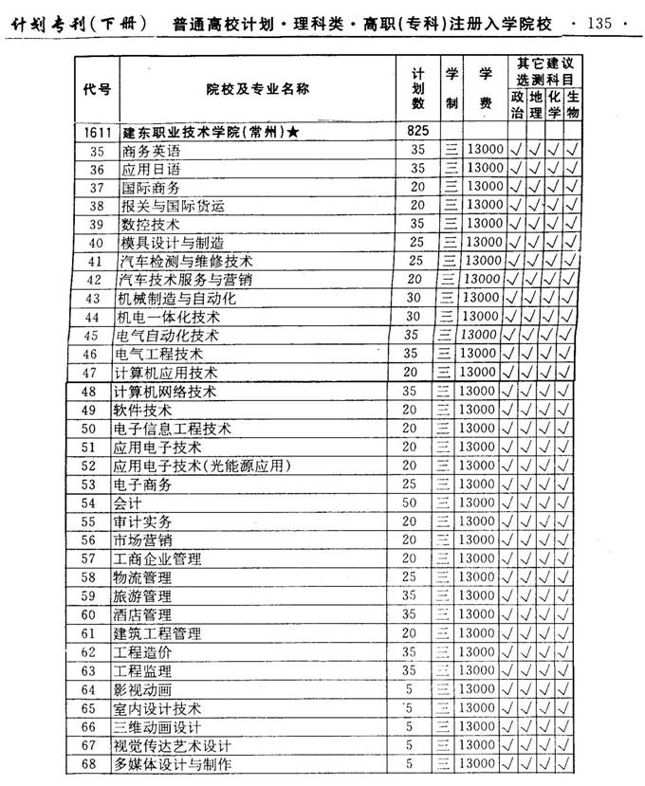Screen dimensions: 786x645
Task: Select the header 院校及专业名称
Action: tap(257, 90)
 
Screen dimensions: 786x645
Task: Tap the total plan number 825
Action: tap(418, 130)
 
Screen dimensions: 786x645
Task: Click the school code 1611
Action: tap(97, 132)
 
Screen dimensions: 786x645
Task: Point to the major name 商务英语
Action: tap(151, 151)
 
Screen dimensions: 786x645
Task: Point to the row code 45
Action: tap(91, 336)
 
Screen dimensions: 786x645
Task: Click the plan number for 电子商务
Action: tap(410, 484)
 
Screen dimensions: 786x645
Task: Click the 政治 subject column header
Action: tap(517, 104)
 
